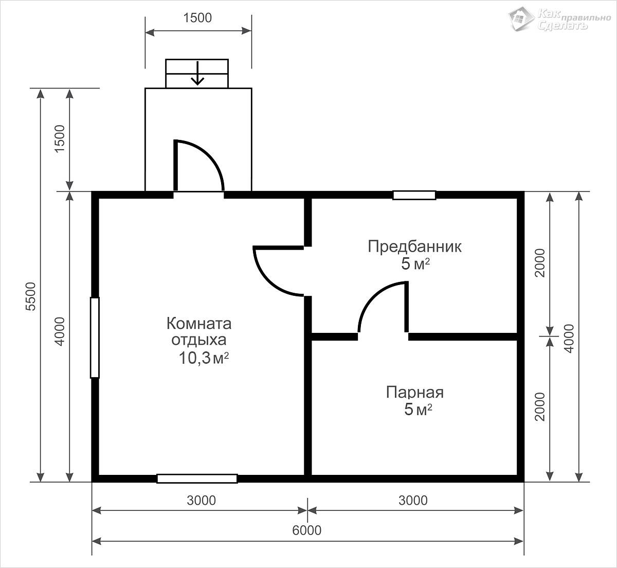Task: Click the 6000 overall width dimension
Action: point(306,530)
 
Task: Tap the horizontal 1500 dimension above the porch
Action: point(197,18)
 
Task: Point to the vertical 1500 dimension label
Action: point(60,138)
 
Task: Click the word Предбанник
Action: point(414,246)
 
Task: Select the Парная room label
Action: point(415,393)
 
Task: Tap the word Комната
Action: point(199,324)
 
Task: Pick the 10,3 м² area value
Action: point(204,358)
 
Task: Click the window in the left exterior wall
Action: point(95,338)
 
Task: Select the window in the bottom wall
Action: point(197,478)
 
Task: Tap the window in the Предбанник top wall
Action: point(414,195)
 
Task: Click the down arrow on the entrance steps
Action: point(197,73)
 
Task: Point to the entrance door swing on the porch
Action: point(199,165)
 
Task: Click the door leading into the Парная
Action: point(383,307)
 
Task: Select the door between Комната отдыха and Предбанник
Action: point(278,271)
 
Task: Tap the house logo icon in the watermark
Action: point(521,19)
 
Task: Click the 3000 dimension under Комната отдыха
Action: point(201,500)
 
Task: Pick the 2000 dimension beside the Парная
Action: point(540,406)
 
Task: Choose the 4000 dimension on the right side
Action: point(569,339)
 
